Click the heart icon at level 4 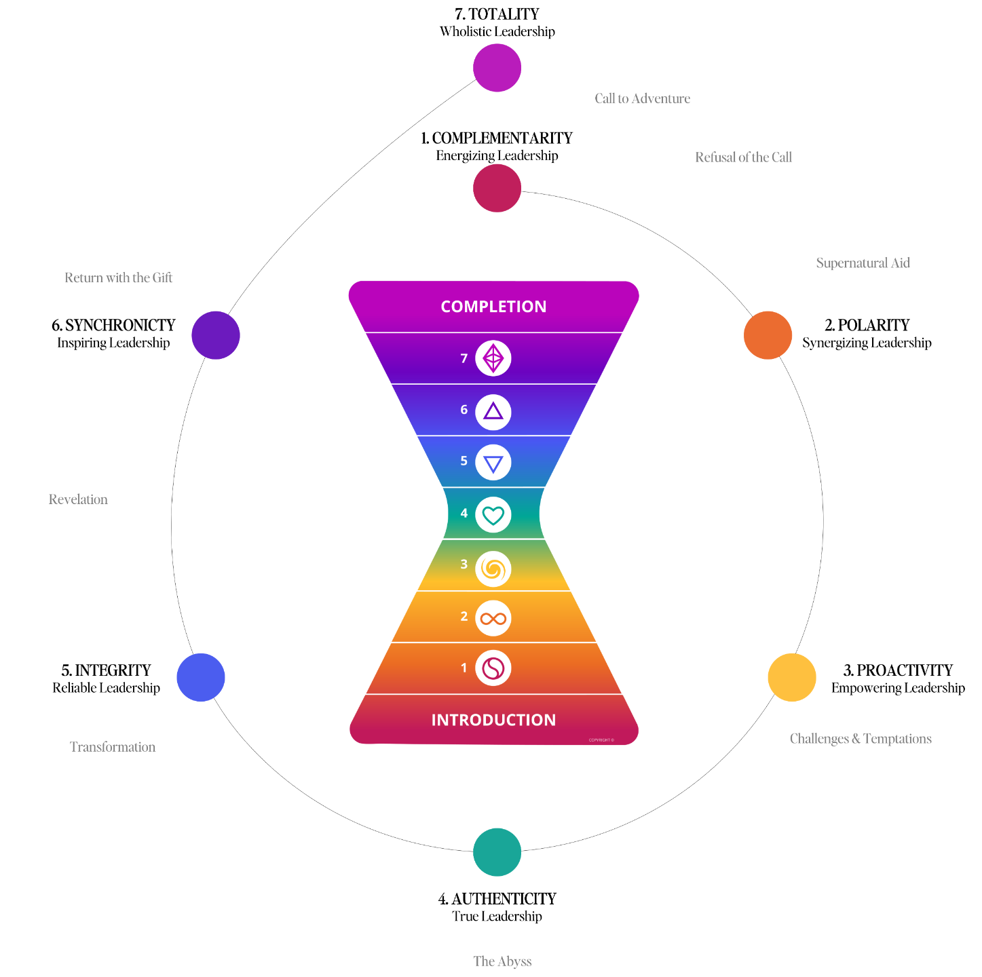tap(493, 515)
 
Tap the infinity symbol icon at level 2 tap(493, 618)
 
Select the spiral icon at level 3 tap(493, 569)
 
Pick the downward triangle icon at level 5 tap(493, 463)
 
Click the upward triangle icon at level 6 tap(493, 412)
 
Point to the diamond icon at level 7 tap(493, 358)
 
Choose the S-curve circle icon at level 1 tap(493, 668)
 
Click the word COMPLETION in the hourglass tap(493, 307)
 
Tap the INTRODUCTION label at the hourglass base tap(493, 720)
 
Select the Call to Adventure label tap(642, 99)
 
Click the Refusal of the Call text tap(743, 157)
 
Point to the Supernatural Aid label tap(863, 263)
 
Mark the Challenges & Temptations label tap(861, 739)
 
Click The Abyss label tap(502, 961)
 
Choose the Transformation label tap(113, 747)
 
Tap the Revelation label tap(78, 499)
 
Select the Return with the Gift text tap(118, 277)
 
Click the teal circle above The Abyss tap(497, 852)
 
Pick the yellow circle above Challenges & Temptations tap(792, 678)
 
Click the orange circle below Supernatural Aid tap(768, 335)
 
